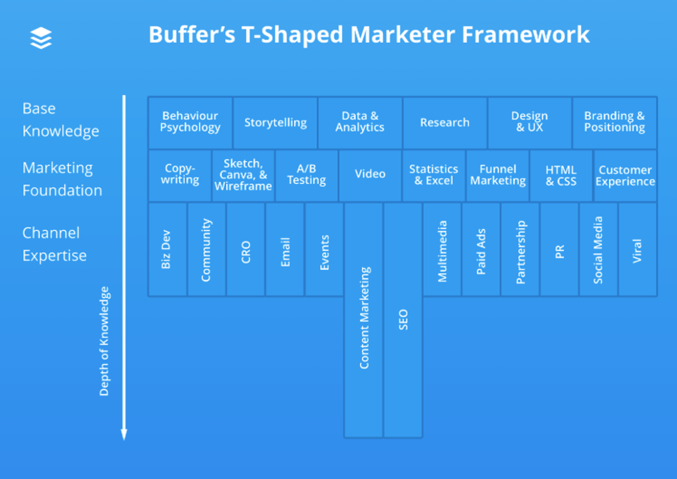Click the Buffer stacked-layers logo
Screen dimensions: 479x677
point(41,38)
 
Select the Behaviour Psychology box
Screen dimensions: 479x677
point(190,122)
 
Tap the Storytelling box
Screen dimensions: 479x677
point(275,122)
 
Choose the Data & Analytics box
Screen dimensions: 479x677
point(360,122)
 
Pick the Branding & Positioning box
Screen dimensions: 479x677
point(614,122)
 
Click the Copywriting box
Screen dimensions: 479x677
point(180,175)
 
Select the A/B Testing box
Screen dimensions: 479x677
point(306,175)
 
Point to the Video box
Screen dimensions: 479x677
point(370,174)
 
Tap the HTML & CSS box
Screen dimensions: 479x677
point(561,176)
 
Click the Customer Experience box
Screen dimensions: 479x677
point(625,176)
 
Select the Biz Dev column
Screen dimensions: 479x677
point(167,249)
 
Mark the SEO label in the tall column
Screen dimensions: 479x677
point(403,319)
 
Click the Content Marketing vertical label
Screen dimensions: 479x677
point(364,318)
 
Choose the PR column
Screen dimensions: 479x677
point(560,251)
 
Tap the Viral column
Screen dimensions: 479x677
point(637,251)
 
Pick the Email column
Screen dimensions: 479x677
point(285,251)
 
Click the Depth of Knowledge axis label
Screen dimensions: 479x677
point(104,341)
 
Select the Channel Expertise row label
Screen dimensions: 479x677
point(54,244)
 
